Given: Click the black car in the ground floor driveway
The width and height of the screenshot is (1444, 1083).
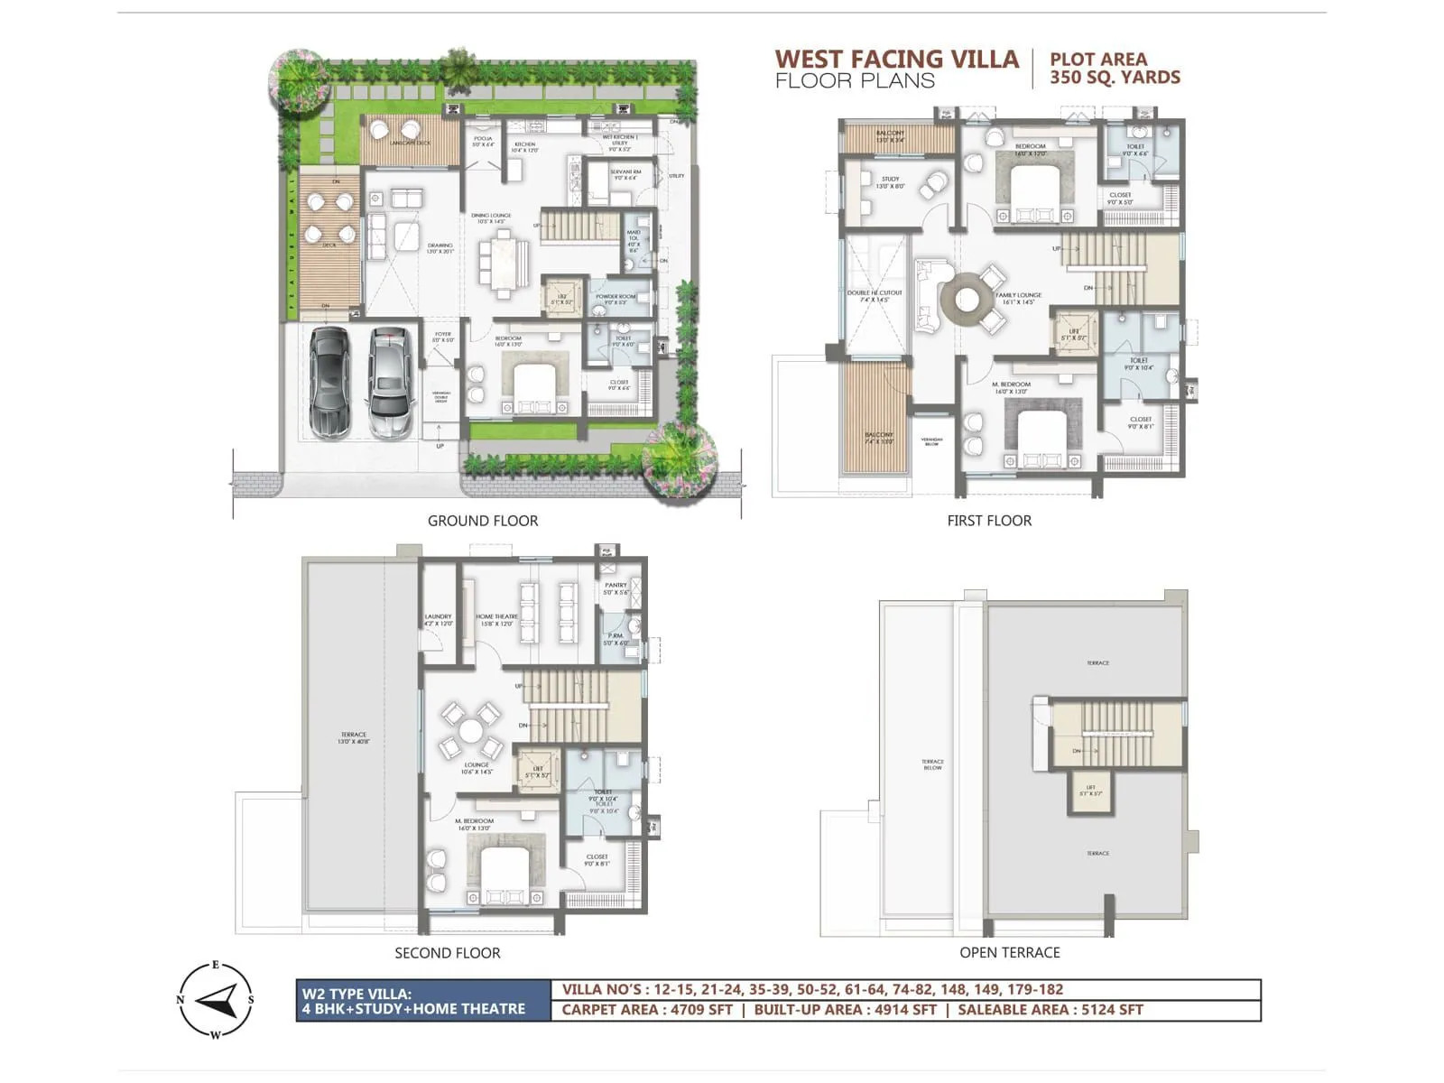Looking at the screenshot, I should tap(329, 383).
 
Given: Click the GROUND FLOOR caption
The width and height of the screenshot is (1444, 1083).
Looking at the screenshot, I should tap(483, 521).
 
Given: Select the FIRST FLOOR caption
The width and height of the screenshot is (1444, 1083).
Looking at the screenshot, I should tap(989, 521).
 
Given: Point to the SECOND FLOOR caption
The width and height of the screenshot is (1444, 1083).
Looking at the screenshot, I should tap(447, 953).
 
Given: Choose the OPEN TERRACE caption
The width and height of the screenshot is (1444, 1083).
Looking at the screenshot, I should tap(1009, 952).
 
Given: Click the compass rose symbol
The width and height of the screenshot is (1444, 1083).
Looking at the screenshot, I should tap(216, 999).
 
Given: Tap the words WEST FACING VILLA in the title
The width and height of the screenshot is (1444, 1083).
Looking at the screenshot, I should tap(896, 60).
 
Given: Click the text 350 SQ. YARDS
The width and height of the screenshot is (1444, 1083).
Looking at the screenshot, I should tap(1115, 78).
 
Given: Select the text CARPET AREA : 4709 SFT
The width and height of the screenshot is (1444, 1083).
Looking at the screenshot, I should tap(647, 1010).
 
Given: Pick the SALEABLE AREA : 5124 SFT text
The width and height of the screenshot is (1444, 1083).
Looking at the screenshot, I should tap(1050, 1010).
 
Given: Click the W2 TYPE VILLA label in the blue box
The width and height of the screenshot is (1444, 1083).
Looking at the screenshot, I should tap(356, 995).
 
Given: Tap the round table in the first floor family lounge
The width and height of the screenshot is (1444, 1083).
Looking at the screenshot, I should tap(967, 298).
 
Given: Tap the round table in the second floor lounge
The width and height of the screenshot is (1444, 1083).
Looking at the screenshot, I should tap(470, 730).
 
